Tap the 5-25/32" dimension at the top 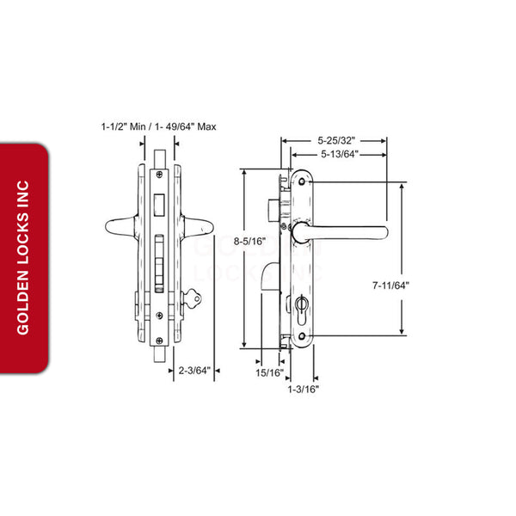click(336, 139)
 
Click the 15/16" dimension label click(269, 372)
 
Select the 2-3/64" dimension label click(193, 372)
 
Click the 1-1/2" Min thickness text click(122, 126)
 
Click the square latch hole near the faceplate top click(160, 205)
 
